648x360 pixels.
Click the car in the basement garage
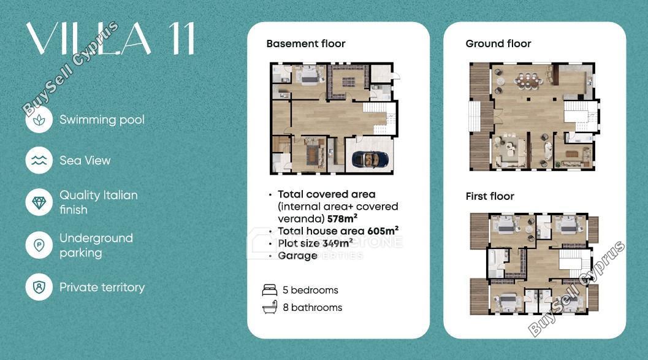(x=370, y=159)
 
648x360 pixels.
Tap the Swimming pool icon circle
(x=39, y=120)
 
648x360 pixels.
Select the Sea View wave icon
(x=39, y=160)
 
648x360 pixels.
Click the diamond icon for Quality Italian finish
(x=39, y=202)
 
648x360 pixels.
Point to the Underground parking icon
(x=39, y=245)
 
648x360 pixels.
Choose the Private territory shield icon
(x=39, y=287)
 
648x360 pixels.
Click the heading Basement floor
(x=306, y=44)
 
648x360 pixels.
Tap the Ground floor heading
(x=498, y=44)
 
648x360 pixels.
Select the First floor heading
(x=490, y=196)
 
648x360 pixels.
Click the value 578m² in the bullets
(x=342, y=218)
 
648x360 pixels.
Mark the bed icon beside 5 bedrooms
(x=270, y=290)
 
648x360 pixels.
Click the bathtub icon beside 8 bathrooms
(x=270, y=307)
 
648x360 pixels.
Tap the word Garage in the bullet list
(x=297, y=256)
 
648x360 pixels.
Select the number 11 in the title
(x=181, y=39)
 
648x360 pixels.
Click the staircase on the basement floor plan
(x=379, y=118)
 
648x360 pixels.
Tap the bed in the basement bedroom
(x=308, y=75)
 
